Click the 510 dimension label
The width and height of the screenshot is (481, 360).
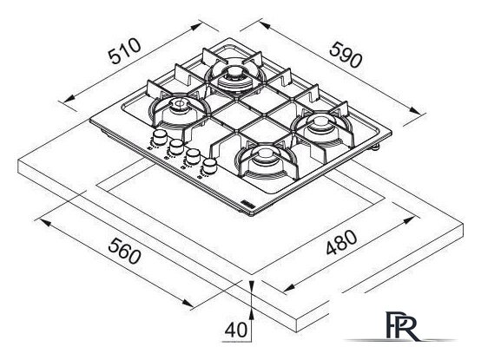click(x=124, y=51)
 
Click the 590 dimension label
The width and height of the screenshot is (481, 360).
click(x=346, y=55)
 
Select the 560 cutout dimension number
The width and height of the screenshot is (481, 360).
click(x=124, y=251)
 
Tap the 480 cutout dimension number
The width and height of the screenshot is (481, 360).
click(x=341, y=242)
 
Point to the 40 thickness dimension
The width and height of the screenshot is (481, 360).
click(x=235, y=330)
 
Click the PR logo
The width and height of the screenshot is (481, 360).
click(x=401, y=326)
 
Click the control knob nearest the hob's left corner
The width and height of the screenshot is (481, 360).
click(x=160, y=137)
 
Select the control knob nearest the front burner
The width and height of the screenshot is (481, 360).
click(x=209, y=167)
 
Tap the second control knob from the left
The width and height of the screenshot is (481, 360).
click(x=176, y=147)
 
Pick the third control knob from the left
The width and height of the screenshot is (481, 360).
click(x=193, y=156)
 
